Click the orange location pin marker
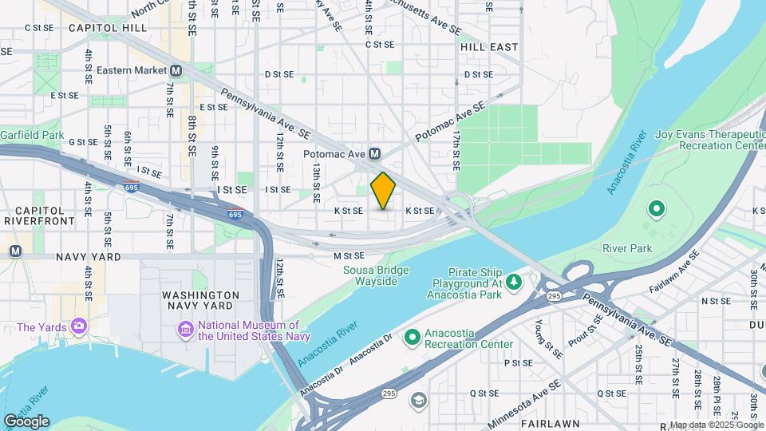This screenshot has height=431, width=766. (383, 190)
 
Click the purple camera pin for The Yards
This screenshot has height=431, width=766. (78, 326)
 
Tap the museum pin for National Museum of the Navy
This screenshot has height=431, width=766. (185, 328)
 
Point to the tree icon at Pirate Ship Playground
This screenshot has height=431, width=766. (515, 280)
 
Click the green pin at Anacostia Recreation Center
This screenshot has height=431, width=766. (413, 338)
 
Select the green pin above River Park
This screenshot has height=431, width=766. (657, 211)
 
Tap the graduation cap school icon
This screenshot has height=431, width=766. (418, 399)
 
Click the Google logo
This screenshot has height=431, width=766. (26, 421)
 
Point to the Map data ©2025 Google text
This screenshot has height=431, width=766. (716, 425)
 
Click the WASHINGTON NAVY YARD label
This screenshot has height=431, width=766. (200, 300)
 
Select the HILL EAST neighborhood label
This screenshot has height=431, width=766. (489, 47)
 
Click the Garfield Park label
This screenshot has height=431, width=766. (32, 135)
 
